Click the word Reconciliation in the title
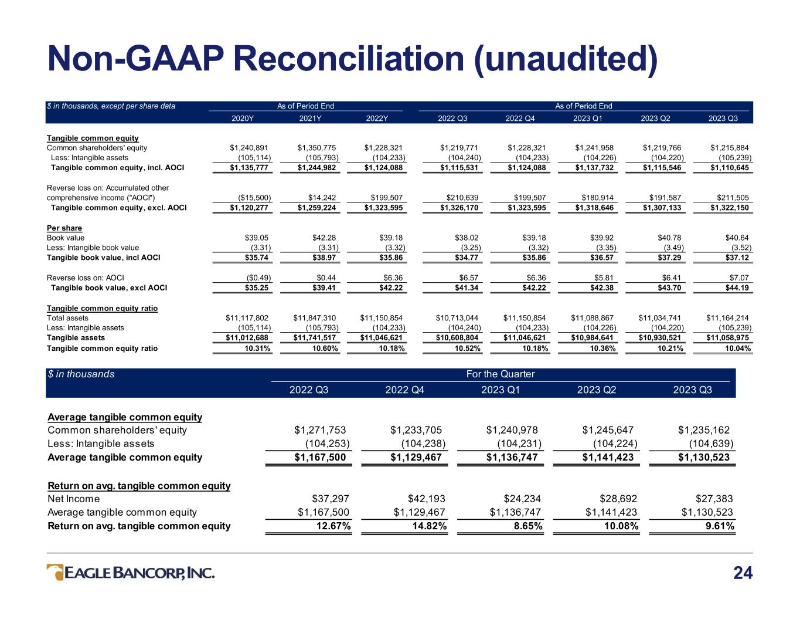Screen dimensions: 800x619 [x=349, y=59]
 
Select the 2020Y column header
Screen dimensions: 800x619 [x=242, y=119]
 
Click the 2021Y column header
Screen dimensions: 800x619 [x=310, y=119]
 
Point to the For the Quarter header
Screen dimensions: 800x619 [x=501, y=374]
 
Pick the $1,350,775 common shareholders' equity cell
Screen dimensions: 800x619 [x=316, y=148]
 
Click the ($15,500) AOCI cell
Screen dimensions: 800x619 [x=254, y=198]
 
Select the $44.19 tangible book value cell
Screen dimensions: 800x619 [x=737, y=287]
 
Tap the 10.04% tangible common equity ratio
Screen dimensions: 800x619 [x=738, y=348]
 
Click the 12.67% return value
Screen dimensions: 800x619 [x=333, y=526]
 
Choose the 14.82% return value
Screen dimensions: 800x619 [x=429, y=526]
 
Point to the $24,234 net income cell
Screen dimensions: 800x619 [x=522, y=499]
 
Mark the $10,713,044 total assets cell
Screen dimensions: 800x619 [x=457, y=318]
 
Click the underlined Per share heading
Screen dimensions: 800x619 [x=64, y=228]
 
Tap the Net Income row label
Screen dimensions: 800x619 [x=74, y=499]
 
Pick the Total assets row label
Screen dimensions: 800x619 [x=67, y=318]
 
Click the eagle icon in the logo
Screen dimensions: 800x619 [x=55, y=572]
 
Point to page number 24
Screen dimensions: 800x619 [x=743, y=573]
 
